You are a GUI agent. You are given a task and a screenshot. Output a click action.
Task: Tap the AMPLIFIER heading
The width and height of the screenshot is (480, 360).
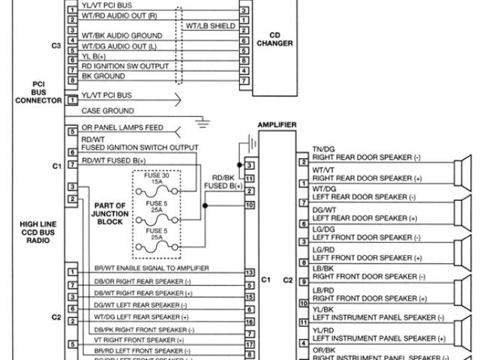[276, 124]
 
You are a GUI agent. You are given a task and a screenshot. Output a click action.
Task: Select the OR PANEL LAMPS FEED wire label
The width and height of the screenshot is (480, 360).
[120, 128]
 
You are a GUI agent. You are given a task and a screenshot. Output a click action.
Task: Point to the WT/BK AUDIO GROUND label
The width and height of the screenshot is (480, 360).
[121, 35]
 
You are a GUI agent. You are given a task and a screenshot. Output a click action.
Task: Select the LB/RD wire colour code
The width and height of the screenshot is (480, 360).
[324, 289]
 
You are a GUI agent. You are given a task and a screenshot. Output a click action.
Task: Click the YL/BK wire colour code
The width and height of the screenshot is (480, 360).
[324, 309]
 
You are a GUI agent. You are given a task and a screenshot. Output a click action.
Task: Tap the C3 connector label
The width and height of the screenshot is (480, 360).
[56, 45]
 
